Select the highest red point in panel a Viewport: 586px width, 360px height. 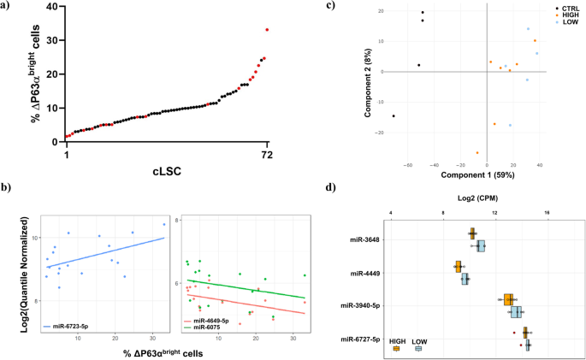coord(267,30)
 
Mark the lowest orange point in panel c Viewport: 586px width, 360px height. coord(477,153)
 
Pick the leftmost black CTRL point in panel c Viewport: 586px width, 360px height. coord(394,116)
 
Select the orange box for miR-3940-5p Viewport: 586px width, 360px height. coord(508,299)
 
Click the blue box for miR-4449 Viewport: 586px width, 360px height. coord(465,279)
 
